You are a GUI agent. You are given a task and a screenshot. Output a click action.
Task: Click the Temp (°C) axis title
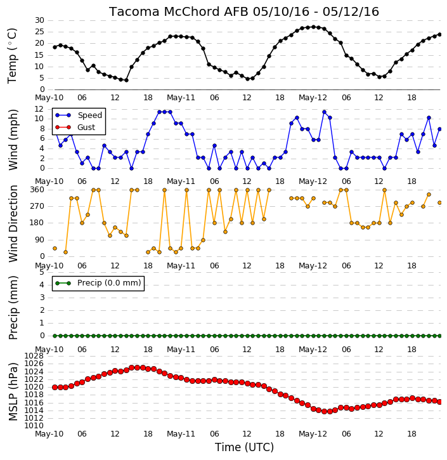tap(12, 56)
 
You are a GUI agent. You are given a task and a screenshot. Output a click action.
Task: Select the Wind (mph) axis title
tap(13, 140)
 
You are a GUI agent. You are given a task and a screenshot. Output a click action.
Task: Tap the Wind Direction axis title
tap(13, 223)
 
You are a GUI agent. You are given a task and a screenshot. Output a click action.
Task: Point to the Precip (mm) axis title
tap(13, 308)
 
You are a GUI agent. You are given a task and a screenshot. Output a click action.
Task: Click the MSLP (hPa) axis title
tap(13, 391)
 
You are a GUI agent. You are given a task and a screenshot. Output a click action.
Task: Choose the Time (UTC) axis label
tap(244, 447)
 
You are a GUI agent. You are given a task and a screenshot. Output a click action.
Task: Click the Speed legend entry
tap(79, 115)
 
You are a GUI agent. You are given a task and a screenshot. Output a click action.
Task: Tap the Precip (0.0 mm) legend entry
tap(98, 283)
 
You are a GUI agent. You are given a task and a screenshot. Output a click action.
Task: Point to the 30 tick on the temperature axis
tap(39, 20)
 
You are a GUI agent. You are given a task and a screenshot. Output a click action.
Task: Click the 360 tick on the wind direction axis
tap(37, 190)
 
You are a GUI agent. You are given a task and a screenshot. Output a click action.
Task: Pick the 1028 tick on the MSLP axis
tap(34, 356)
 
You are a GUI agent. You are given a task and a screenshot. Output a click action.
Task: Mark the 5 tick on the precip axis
tap(42, 272)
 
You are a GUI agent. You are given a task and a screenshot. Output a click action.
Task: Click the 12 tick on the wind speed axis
tap(39, 109)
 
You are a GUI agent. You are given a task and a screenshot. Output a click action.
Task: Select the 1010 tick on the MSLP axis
tap(34, 426)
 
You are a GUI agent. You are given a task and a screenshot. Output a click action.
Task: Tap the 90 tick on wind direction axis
tap(40, 240)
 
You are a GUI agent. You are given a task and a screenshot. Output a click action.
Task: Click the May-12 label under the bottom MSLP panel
tap(313, 434)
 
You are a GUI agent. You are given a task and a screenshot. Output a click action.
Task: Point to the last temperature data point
tap(439, 35)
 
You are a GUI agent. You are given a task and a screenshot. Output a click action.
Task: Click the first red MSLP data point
tap(55, 387)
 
